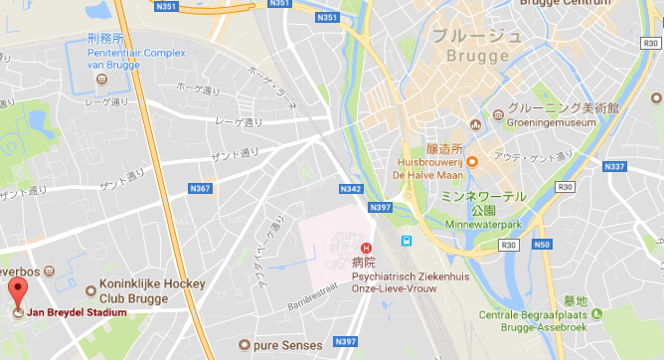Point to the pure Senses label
(x=288, y=345)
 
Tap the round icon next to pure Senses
(x=243, y=345)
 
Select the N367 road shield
(x=200, y=188)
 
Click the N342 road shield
(x=350, y=188)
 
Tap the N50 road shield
(x=541, y=246)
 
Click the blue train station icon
(x=406, y=242)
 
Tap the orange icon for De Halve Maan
(x=473, y=161)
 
